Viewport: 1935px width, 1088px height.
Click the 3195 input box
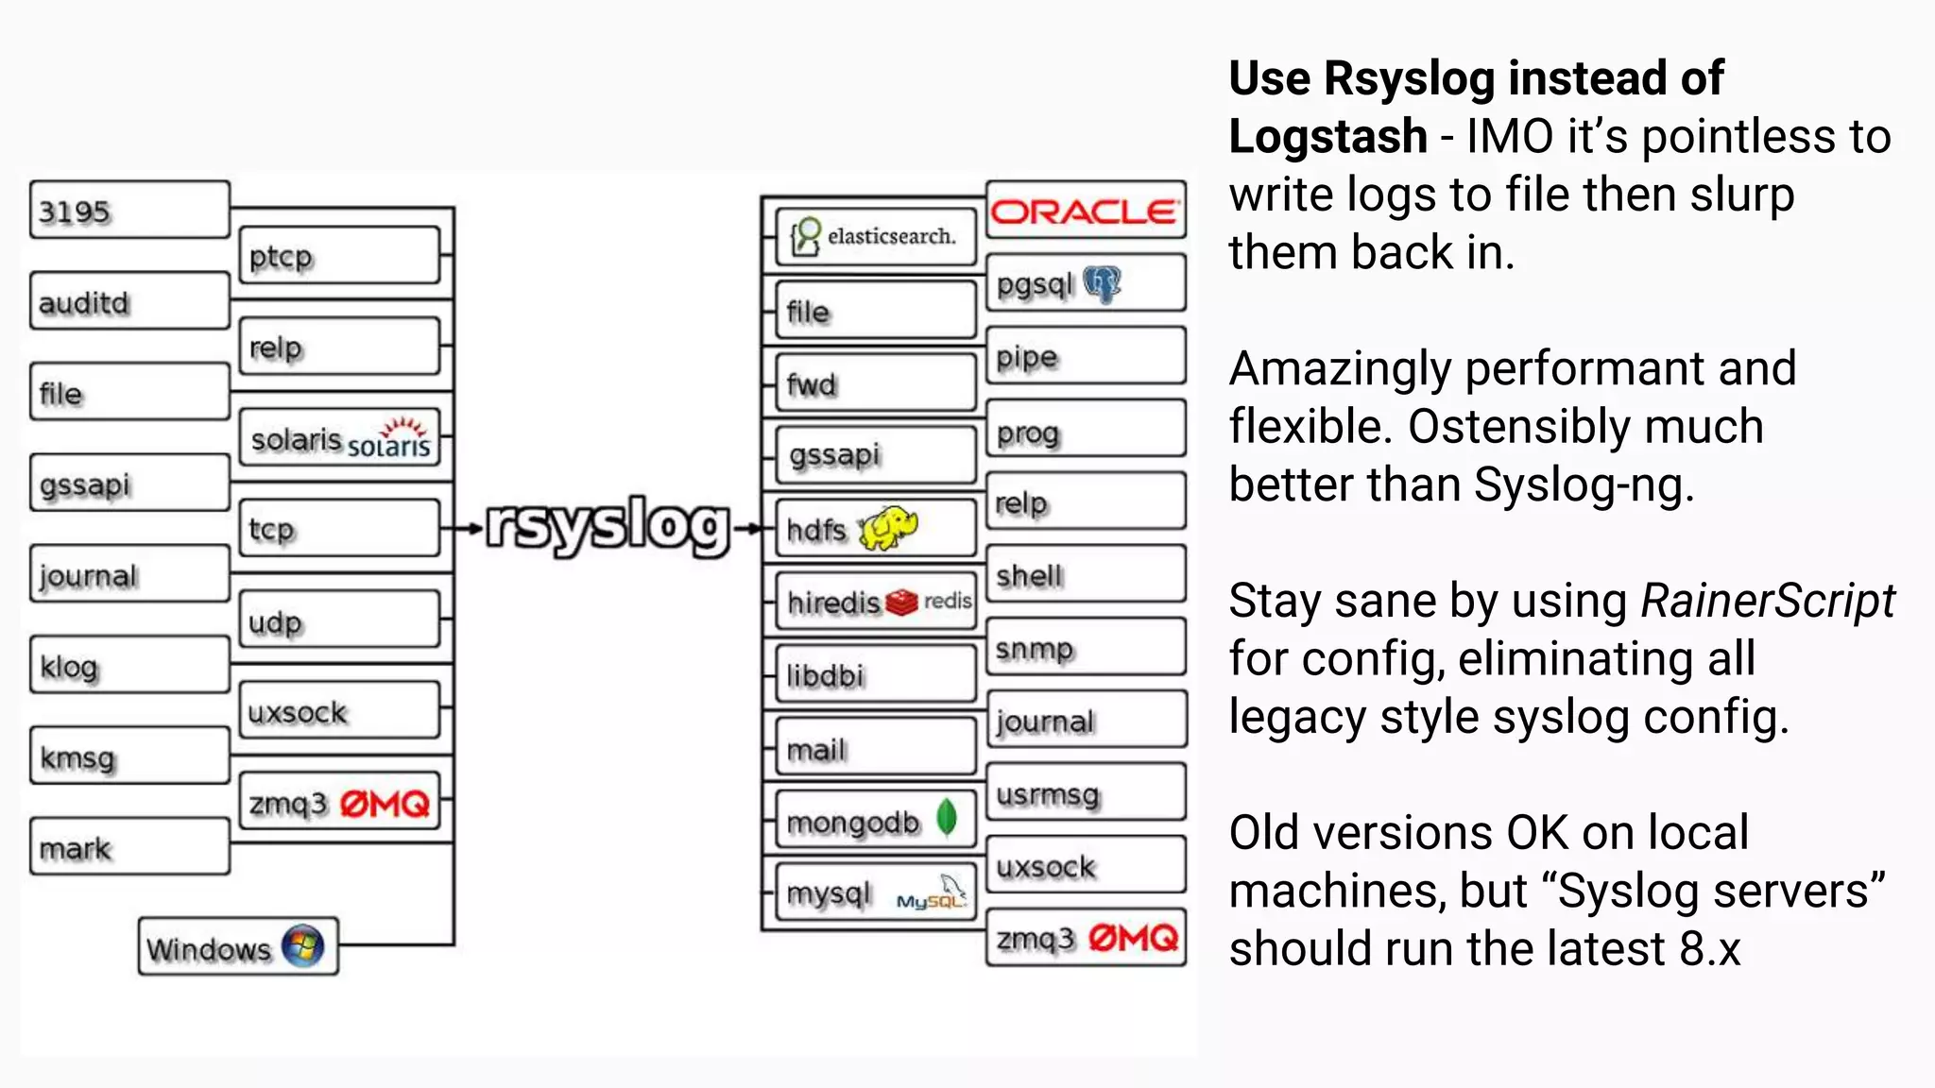point(129,210)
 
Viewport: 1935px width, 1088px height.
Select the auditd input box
point(129,301)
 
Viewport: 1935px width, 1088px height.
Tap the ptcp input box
point(339,255)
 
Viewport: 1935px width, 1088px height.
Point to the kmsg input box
point(129,756)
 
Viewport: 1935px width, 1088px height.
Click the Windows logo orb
point(302,946)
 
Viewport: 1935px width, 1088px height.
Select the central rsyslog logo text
point(608,526)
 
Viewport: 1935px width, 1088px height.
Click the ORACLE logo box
point(1085,211)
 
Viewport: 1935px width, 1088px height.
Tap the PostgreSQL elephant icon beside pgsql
point(1102,283)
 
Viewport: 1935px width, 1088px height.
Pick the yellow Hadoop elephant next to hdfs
point(889,527)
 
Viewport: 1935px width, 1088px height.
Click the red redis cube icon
point(901,602)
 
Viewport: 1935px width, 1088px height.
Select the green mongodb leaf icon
point(946,817)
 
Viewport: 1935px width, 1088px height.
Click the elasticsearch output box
point(875,236)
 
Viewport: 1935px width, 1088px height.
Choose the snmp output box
point(1086,648)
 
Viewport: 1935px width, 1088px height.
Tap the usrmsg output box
point(1086,793)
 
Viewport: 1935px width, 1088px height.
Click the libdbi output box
point(875,674)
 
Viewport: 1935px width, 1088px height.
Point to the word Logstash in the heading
point(1327,136)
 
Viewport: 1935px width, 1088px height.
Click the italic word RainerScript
point(1767,601)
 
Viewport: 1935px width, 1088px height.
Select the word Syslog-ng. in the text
point(1584,484)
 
